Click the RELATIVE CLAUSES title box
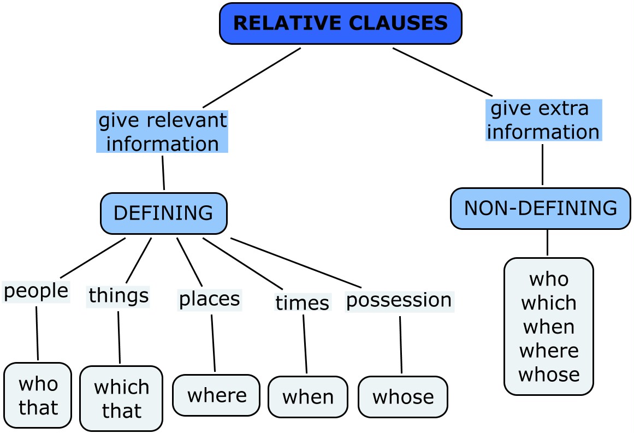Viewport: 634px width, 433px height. click(341, 23)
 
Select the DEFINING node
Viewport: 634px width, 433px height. click(163, 212)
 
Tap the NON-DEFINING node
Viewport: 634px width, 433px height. click(540, 208)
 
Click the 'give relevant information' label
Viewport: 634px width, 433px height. click(162, 132)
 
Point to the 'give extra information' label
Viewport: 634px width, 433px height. click(543, 120)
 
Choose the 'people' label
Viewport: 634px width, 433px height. click(36, 290)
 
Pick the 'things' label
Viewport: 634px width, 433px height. click(118, 295)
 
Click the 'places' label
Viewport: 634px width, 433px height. click(210, 299)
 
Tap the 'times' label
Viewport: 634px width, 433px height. click(302, 302)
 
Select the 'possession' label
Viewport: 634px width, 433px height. click(399, 300)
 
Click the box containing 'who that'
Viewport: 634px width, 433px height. click(38, 395)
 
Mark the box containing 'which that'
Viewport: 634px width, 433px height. click(121, 399)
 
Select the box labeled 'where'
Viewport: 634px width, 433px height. click(216, 395)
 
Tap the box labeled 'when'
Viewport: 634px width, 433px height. click(308, 397)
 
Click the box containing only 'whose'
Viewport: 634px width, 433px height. click(403, 397)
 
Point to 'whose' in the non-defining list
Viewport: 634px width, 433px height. click(549, 375)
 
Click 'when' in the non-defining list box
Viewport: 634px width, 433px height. click(549, 327)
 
